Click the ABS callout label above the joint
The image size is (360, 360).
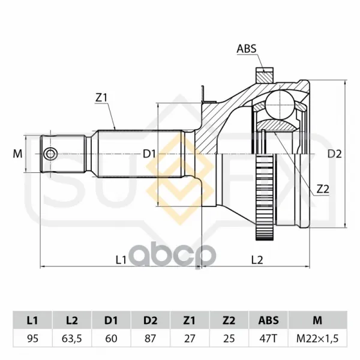click(x=247, y=49)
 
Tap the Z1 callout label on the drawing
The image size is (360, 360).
click(x=101, y=98)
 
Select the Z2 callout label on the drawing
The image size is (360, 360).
click(x=323, y=189)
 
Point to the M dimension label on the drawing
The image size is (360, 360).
click(x=17, y=154)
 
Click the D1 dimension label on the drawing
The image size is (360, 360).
click(x=149, y=154)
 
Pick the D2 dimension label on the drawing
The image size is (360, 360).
click(x=335, y=154)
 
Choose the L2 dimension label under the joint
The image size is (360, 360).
click(x=257, y=260)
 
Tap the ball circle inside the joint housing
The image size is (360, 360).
click(x=280, y=104)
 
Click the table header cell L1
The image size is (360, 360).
click(x=32, y=320)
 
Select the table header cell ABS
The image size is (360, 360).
click(x=268, y=320)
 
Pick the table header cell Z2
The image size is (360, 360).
click(x=229, y=320)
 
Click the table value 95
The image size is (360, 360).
click(x=32, y=338)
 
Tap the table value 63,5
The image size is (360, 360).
click(x=72, y=338)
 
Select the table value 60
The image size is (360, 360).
click(x=111, y=338)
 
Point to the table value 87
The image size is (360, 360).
click(x=151, y=338)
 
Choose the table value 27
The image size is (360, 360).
click(x=190, y=338)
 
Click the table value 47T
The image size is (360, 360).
click(x=268, y=338)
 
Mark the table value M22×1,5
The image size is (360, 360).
click(x=317, y=338)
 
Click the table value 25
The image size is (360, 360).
click(x=229, y=338)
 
